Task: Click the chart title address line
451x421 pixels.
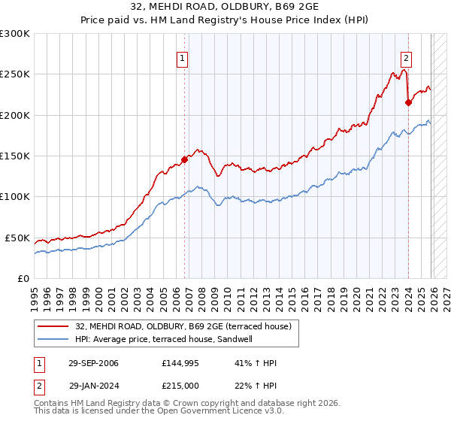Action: pyautogui.click(x=225, y=7)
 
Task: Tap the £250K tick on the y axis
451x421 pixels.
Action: pyautogui.click(x=14, y=74)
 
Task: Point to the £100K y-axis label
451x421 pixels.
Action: pyautogui.click(x=14, y=196)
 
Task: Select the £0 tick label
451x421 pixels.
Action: pyautogui.click(x=24, y=278)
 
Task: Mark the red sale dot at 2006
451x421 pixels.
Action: pyautogui.click(x=184, y=159)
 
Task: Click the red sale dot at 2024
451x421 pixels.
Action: pyautogui.click(x=408, y=103)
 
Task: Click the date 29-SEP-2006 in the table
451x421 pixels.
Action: pyautogui.click(x=94, y=363)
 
